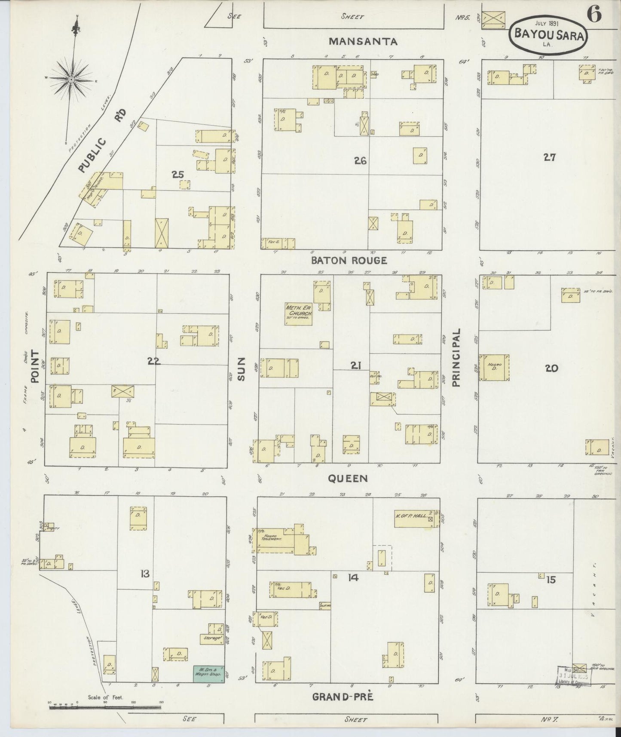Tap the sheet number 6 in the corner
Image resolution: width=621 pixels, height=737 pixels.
coord(595,15)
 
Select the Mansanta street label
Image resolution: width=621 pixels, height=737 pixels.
coord(364,41)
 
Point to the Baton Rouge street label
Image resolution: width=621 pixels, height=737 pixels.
coord(349,260)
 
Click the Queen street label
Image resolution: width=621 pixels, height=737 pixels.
coord(348,478)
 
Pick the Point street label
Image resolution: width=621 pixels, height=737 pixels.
coord(35,366)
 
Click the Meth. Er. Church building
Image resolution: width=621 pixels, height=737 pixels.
coord(298,314)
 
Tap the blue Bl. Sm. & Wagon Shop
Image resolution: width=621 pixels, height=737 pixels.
coord(208,674)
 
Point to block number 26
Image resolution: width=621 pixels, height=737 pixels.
coord(360,161)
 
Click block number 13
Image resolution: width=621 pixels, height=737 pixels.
coord(145,574)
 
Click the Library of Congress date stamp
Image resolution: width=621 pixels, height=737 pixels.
coord(575,676)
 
